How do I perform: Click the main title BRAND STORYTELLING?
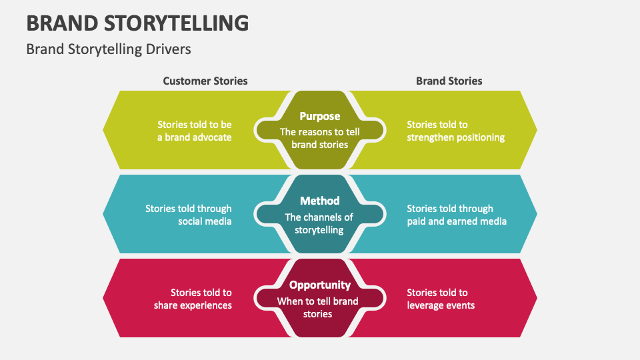coord(137,23)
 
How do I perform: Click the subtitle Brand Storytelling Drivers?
coord(108,49)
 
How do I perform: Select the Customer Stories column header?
coord(205,81)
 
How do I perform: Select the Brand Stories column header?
coord(449,81)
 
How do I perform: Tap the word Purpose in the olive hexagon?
coord(319,116)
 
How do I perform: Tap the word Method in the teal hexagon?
coord(319,201)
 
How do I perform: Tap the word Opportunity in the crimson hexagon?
coord(319,285)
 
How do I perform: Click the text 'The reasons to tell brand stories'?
coord(319,138)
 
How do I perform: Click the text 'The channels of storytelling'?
coord(319,223)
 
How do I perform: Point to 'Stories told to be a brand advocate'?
coord(194,131)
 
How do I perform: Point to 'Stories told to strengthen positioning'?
coord(455,131)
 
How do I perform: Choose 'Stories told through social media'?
coord(189,215)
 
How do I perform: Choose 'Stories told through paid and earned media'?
coord(457,215)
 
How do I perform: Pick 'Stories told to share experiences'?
coord(193,299)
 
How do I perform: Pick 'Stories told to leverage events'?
coord(441,299)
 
